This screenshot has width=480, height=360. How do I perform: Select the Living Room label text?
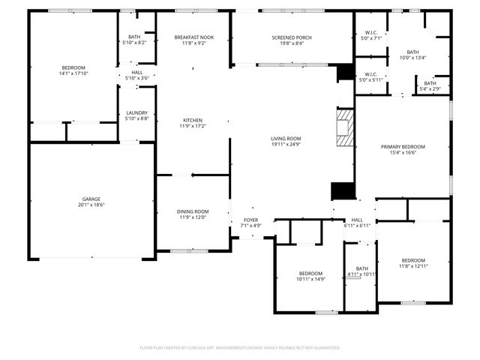(x=286, y=138)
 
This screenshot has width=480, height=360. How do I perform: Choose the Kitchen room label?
(x=193, y=120)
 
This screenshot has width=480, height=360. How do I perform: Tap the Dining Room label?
(x=193, y=211)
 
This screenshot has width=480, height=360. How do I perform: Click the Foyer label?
(x=250, y=220)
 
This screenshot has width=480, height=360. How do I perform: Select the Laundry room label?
(x=136, y=112)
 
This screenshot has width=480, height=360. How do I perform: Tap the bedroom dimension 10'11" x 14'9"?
(x=310, y=279)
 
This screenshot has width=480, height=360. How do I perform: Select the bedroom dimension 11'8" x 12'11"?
(x=413, y=266)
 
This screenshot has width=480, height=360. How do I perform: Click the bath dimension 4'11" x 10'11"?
(x=361, y=274)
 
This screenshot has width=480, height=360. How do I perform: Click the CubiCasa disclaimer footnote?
(x=240, y=348)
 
